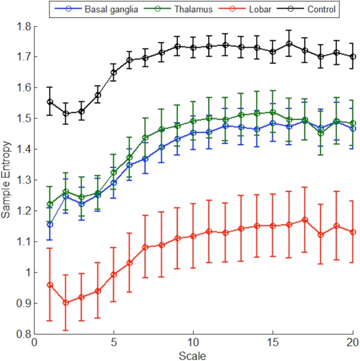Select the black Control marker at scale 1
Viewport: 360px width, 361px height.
[50, 102]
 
